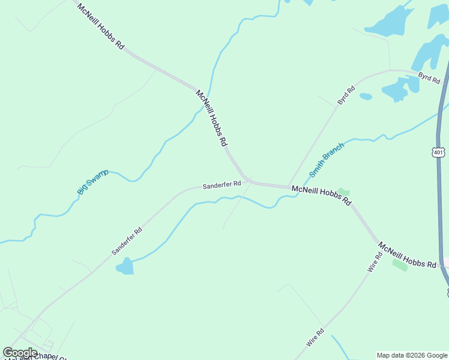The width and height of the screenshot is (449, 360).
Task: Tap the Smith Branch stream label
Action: click(327, 160)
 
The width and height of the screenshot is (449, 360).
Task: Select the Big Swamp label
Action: click(92, 182)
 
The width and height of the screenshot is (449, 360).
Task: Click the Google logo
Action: click(20, 353)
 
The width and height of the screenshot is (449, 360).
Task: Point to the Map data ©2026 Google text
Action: click(412, 355)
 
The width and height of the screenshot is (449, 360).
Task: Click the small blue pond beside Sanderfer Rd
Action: click(125, 266)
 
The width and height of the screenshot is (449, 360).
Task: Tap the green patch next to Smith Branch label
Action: click(343, 193)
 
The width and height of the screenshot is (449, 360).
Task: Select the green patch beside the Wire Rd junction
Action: click(400, 265)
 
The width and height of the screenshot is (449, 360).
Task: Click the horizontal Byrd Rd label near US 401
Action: click(429, 77)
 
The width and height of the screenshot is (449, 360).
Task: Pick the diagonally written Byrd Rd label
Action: click(346, 96)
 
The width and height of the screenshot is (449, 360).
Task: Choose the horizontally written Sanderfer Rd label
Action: click(221, 184)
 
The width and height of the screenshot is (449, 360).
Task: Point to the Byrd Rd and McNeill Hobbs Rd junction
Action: click(289, 187)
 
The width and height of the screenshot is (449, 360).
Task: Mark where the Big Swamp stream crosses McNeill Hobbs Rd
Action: click(208, 99)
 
